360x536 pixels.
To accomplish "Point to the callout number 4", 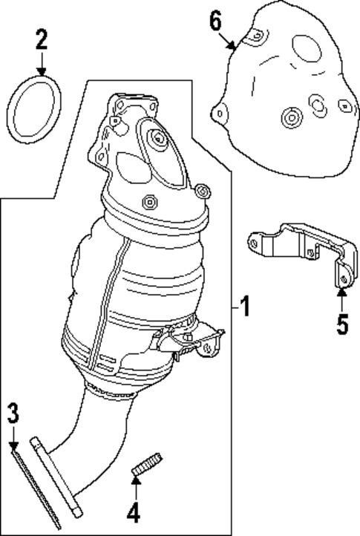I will pos(134,512).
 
